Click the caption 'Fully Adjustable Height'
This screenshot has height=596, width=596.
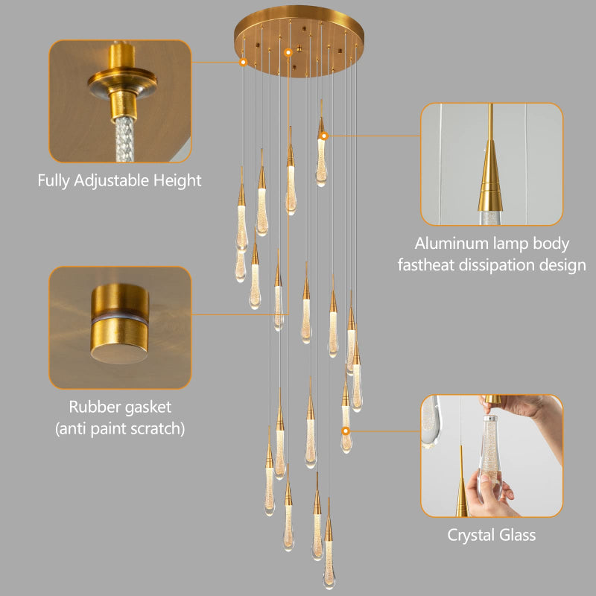click(119, 180)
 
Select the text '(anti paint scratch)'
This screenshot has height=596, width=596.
click(120, 428)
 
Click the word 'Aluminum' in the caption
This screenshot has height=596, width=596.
click(450, 244)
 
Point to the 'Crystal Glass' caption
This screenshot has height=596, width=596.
click(491, 535)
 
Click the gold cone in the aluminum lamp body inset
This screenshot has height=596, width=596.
click(491, 183)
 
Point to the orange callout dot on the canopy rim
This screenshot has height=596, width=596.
click(243, 63)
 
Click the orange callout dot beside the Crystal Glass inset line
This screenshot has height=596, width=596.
click(346, 431)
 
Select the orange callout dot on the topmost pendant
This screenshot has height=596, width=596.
click(323, 136)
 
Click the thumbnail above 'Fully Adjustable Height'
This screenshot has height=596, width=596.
click(119, 101)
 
